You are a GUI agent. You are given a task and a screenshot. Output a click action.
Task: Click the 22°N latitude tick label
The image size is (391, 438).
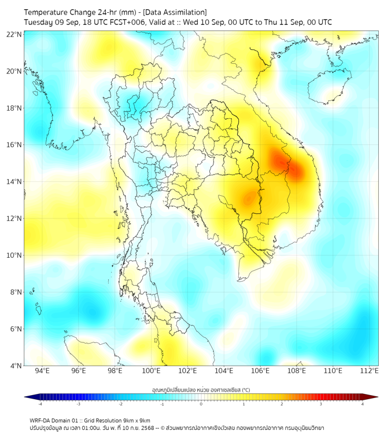coord(14,34)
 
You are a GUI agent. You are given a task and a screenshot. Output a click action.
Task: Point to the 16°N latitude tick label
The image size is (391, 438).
coord(14,145)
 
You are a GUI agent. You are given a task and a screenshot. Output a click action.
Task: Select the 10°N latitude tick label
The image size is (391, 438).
coord(14,256)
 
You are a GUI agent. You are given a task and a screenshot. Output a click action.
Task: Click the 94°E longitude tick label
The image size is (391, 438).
coord(42,371)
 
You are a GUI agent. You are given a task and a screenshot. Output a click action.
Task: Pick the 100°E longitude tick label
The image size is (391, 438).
coord(151,371)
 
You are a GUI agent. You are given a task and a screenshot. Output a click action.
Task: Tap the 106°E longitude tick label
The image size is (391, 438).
coord(260,371)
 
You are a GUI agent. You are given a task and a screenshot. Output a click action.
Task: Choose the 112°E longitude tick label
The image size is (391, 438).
coord(369,371)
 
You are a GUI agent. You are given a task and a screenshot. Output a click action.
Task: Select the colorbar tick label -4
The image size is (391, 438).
coord(39,404)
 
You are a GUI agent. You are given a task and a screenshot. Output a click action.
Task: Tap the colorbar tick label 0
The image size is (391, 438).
coord(201,404)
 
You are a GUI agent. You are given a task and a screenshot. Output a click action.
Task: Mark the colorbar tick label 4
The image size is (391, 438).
coord(363,404)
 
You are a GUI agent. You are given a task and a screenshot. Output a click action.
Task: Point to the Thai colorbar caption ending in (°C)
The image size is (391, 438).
coord(201,389)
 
